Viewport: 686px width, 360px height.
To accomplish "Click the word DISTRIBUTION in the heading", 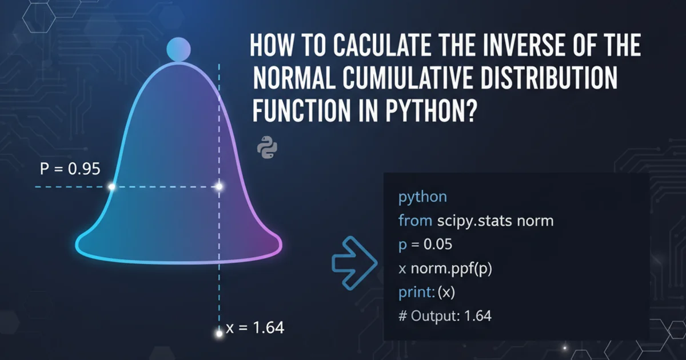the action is click(x=548, y=78).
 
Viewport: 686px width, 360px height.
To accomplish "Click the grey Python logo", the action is click(x=267, y=147).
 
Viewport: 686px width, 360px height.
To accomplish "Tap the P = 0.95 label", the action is click(x=70, y=169).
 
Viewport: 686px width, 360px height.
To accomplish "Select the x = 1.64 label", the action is click(x=255, y=327).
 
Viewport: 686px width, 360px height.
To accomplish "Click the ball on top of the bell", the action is click(x=178, y=49).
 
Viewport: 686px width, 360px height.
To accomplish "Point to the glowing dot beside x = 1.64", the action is click(x=219, y=334).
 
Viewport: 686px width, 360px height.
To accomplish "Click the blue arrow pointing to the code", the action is click(x=354, y=263).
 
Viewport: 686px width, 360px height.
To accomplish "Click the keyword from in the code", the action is click(x=415, y=221).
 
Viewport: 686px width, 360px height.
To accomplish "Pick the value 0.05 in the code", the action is click(x=438, y=245).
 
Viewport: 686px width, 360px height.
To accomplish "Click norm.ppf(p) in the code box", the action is click(x=452, y=269).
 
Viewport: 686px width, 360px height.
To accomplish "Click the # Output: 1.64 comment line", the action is click(x=445, y=315).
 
